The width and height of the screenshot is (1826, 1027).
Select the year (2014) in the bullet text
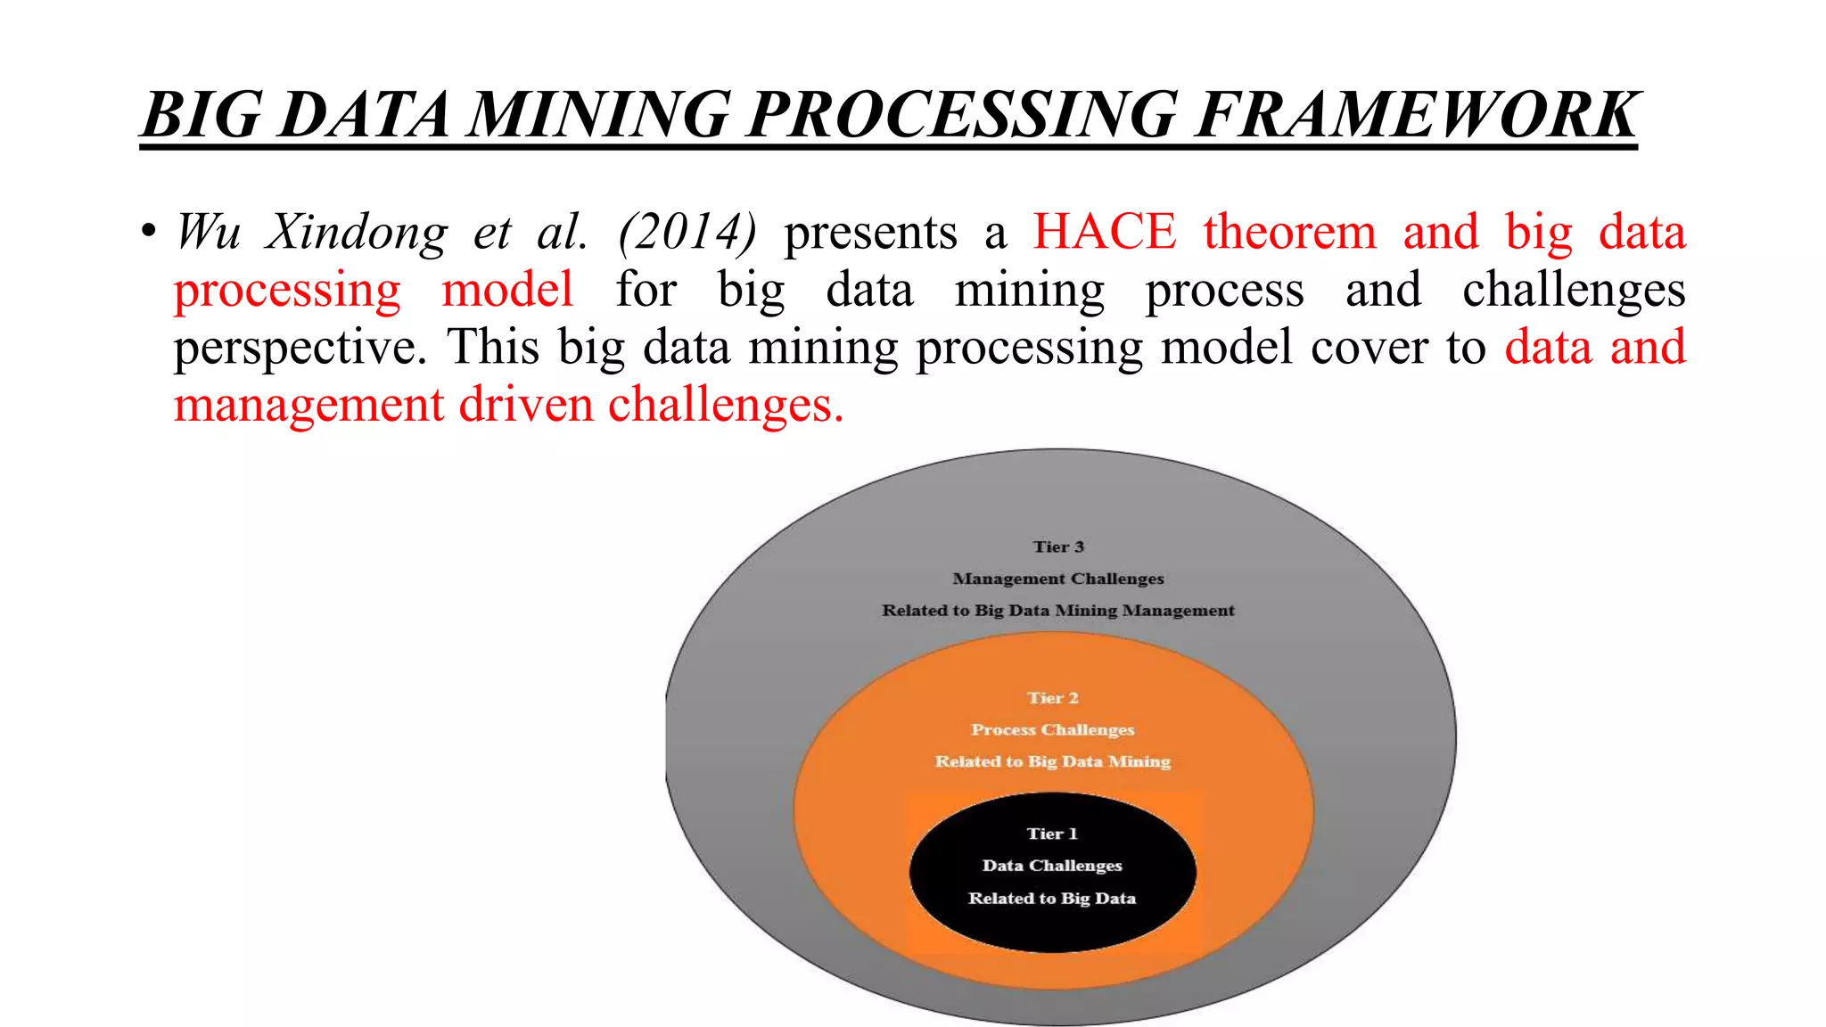(x=687, y=232)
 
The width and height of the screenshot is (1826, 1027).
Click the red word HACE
(x=1104, y=232)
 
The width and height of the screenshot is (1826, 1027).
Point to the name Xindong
(x=357, y=234)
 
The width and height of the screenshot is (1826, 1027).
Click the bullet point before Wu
(x=148, y=232)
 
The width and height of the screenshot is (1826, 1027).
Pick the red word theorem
(x=1289, y=232)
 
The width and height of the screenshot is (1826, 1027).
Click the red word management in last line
(x=308, y=407)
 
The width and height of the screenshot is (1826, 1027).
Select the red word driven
(x=526, y=405)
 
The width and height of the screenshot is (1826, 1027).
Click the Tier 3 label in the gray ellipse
(x=1058, y=546)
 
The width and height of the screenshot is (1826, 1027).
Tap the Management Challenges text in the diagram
(x=1058, y=579)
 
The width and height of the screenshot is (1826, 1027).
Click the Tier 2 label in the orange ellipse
(x=1052, y=698)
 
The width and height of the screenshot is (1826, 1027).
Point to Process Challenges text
(x=1052, y=729)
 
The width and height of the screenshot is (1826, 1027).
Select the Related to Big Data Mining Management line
(x=1058, y=611)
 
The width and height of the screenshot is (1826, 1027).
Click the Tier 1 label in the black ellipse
(x=1052, y=834)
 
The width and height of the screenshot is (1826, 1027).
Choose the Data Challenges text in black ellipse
(x=1052, y=866)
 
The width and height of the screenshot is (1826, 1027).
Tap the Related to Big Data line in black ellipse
(x=1052, y=899)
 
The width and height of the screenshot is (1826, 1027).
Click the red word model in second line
(x=507, y=290)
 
